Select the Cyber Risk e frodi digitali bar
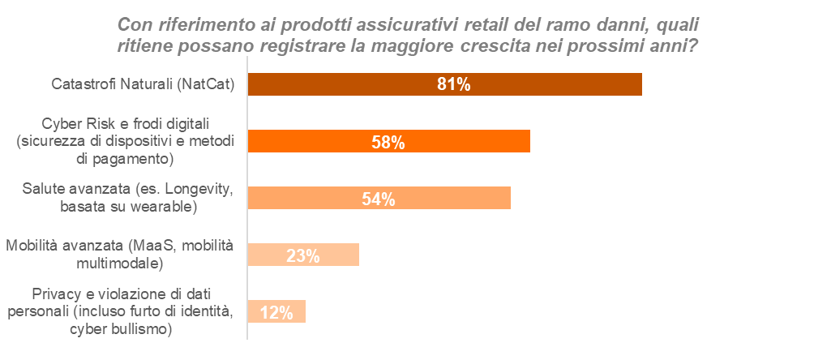coord(486,141)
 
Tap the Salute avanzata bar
coord(454,198)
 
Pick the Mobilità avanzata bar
coord(341,255)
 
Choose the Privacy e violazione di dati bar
coord(297,311)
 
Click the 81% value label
coord(453,84)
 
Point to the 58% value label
coord(388,142)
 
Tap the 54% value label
coord(378,199)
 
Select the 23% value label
coord(302,255)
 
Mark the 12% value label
coord(276,312)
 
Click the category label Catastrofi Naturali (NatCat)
coord(143,84)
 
